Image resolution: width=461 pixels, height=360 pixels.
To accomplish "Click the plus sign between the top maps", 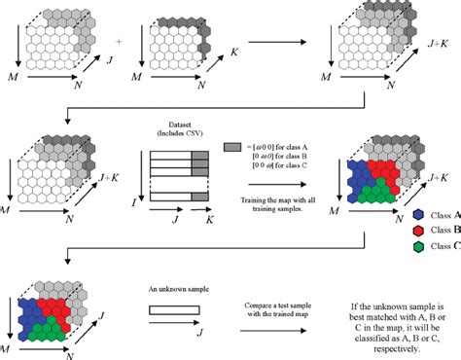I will (120, 42).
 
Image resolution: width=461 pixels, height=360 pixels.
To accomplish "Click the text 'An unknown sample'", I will (177, 289).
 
